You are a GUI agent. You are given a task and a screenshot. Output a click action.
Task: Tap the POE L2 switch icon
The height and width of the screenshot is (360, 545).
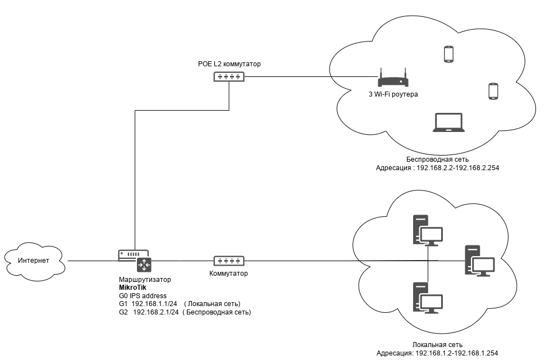(230, 76)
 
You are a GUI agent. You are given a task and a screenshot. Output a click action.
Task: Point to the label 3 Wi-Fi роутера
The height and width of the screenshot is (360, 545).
(393, 94)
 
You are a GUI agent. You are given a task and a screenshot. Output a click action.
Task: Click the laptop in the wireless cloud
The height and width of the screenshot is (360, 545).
(448, 122)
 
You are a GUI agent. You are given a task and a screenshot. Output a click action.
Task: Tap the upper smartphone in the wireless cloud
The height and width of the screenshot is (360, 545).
(448, 54)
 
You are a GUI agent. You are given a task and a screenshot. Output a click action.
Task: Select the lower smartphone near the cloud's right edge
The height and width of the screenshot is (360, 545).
(493, 91)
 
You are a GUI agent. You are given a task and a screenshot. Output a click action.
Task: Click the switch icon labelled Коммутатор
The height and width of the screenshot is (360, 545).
(230, 261)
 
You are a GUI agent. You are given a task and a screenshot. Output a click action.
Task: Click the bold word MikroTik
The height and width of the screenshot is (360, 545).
(133, 288)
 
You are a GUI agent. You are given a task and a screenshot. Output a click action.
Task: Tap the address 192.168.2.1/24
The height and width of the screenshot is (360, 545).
(156, 312)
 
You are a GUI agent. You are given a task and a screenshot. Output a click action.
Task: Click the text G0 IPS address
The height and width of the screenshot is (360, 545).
(143, 296)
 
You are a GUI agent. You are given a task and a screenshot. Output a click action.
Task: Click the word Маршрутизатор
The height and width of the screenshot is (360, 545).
(145, 279)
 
